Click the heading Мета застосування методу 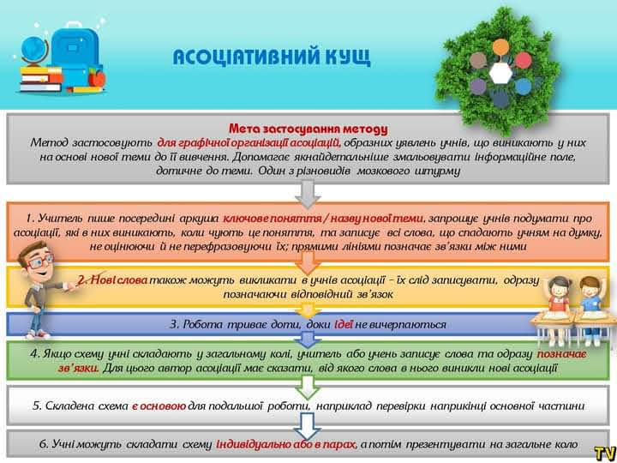308,129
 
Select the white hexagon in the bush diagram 500,73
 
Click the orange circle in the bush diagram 501,47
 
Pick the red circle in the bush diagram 523,60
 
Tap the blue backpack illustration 75,54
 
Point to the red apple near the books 97,78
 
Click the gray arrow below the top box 308,194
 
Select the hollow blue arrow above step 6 308,425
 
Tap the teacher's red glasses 40,262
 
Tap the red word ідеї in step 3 344,324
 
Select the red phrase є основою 159,406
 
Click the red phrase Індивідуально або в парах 286,444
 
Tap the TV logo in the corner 605,454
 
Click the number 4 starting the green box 33,353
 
